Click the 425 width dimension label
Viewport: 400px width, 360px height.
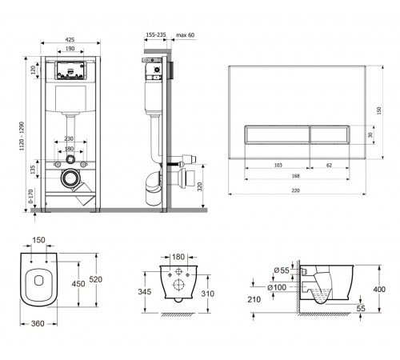70,40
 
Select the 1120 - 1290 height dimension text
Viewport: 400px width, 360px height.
22,136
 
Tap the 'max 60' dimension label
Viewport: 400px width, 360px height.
186,35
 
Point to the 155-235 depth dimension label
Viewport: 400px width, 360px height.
156,34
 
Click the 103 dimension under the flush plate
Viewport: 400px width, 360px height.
278,165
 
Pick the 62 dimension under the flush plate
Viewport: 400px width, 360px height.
330,165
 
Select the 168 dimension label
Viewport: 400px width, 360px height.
296,176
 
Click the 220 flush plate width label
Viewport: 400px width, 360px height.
295,190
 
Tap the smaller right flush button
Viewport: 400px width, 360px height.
330,134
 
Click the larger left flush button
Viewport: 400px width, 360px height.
277,134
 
